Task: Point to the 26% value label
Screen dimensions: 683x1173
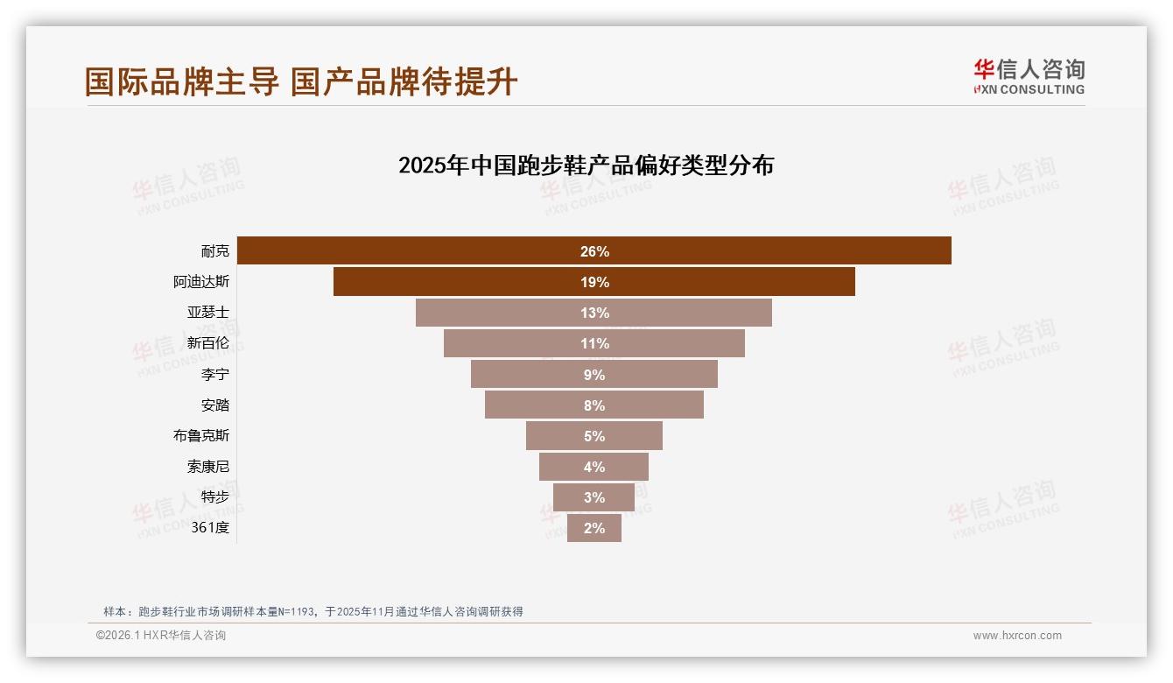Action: (x=594, y=251)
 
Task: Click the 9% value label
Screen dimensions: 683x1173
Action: (x=594, y=375)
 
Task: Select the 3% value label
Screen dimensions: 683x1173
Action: (x=594, y=497)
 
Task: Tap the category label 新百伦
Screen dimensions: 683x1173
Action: (x=207, y=343)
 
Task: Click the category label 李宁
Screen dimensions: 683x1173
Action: (x=214, y=375)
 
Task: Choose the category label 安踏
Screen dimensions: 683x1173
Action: (x=214, y=405)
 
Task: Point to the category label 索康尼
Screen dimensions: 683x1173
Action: (x=207, y=467)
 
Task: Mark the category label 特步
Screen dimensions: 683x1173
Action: (x=214, y=497)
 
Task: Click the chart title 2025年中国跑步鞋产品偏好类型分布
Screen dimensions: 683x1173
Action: (x=586, y=165)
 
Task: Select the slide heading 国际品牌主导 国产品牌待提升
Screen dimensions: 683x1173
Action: (x=301, y=81)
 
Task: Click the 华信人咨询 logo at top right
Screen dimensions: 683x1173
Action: (x=1029, y=76)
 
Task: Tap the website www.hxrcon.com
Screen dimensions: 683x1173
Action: (x=1017, y=636)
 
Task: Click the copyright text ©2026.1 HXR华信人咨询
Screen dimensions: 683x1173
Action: (x=161, y=636)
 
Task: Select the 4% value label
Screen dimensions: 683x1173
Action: (x=594, y=467)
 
